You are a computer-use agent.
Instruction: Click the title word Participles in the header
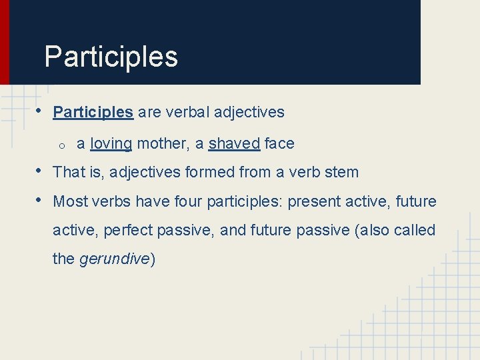pyautogui.click(x=111, y=57)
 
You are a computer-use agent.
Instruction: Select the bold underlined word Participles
pyautogui.click(x=93, y=113)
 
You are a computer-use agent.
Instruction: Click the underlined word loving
pyautogui.click(x=111, y=144)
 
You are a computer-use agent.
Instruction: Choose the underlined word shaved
pyautogui.click(x=234, y=144)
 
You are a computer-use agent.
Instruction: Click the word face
pyautogui.click(x=279, y=144)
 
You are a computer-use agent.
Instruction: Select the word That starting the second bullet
pyautogui.click(x=69, y=173)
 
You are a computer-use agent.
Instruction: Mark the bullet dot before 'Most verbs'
pyautogui.click(x=40, y=199)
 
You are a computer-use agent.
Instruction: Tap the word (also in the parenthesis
pyautogui.click(x=371, y=231)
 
